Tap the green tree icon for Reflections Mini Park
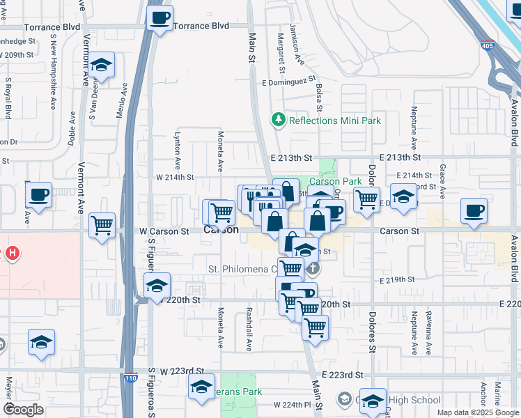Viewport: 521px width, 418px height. coord(279,121)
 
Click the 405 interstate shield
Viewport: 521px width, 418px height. coord(485,46)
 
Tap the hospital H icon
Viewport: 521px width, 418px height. coord(11,254)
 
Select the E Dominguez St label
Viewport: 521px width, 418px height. coord(289,82)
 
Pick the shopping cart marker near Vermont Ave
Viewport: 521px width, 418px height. coord(102,226)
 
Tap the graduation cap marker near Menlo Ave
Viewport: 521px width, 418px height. coord(102,66)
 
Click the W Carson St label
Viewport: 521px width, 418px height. coord(164,231)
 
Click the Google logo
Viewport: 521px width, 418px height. coord(23,409)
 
